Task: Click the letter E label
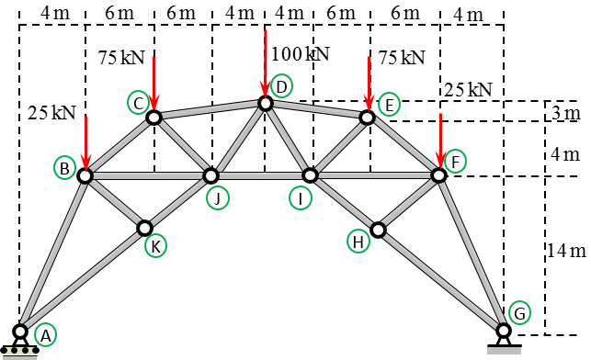[x=389, y=105]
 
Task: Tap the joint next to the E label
[x=367, y=118]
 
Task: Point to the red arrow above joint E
[x=369, y=84]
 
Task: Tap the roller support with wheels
[x=20, y=345]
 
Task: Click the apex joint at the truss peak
[x=266, y=104]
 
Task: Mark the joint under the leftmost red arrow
[x=85, y=175]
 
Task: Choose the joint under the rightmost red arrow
[x=438, y=175]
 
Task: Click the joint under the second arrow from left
[x=153, y=118]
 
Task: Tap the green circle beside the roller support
[x=45, y=334]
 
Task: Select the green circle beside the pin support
[x=519, y=312]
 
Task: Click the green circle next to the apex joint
[x=281, y=86]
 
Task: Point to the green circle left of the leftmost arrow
[x=64, y=167]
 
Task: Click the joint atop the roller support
[x=20, y=331]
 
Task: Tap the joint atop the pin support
[x=504, y=330]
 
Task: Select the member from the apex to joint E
[x=316, y=110]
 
